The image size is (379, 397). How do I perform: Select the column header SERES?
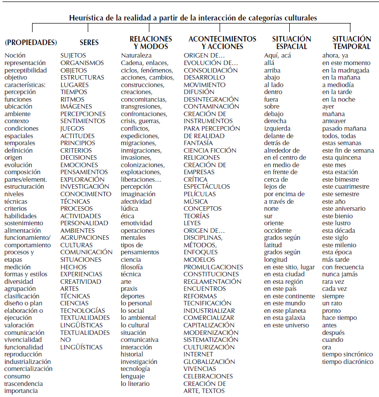click(89, 43)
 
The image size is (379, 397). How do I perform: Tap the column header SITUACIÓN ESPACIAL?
click(291, 43)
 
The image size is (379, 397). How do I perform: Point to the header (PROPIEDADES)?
click(31, 43)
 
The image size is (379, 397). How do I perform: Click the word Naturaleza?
click(136, 56)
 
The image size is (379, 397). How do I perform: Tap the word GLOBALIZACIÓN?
click(209, 361)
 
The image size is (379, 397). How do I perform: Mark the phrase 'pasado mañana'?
click(343, 129)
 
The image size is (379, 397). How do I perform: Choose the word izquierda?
click(277, 129)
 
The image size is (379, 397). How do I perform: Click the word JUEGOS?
click(73, 129)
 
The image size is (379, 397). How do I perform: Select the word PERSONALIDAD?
click(84, 223)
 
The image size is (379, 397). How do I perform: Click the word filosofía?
click(132, 267)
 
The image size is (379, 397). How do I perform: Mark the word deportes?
click(132, 296)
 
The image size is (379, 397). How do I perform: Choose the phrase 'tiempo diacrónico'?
click(347, 361)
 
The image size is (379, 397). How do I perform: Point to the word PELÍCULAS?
click(200, 194)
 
